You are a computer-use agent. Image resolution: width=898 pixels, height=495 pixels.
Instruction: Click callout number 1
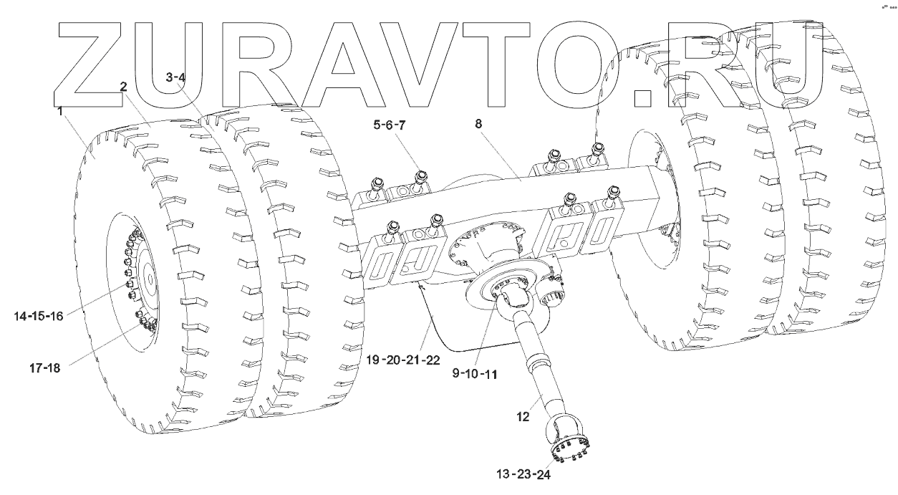coord(61,112)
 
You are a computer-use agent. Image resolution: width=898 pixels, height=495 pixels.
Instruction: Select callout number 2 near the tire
coord(124,87)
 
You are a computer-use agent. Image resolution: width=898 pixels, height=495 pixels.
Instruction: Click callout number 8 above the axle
coord(479,124)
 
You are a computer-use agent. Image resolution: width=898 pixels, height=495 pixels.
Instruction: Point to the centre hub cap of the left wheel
coord(148,277)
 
